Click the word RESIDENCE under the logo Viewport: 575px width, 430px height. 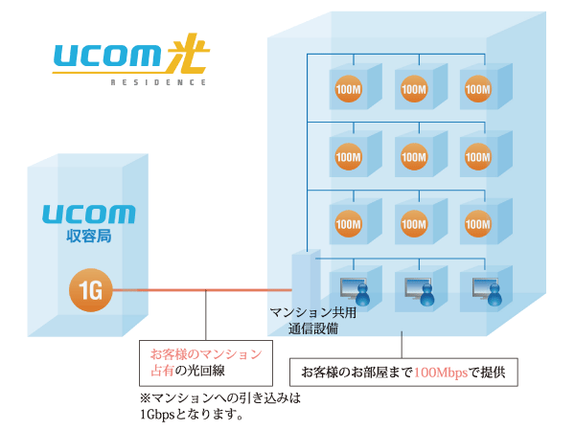coord(158,83)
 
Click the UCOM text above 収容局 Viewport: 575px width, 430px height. coord(89,213)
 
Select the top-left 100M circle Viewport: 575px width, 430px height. coord(348,89)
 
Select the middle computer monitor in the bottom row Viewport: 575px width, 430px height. coord(411,284)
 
